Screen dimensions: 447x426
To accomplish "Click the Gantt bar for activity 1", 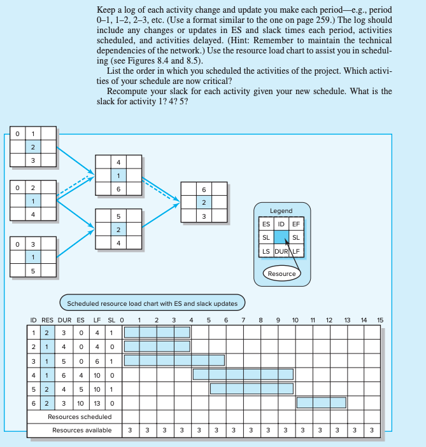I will point(157,331).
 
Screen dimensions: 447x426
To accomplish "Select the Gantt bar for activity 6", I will point(321,402).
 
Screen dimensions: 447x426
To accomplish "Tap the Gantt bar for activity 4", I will point(243,374).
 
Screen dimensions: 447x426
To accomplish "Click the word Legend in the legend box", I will point(281,210).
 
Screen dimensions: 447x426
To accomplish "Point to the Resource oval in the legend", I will point(281,273).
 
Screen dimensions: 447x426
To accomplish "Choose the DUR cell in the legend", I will point(281,251).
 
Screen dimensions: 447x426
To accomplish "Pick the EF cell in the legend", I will point(295,224).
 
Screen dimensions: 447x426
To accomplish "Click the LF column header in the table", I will point(97,319).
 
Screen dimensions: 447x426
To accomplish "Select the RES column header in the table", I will point(48,319).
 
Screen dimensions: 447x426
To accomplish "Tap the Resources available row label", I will point(82,430).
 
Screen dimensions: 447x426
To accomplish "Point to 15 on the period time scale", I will point(380,319).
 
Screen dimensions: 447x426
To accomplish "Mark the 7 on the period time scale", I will point(243,319).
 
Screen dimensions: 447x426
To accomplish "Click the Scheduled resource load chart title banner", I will point(152,303).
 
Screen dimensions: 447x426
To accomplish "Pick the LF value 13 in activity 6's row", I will point(97,402).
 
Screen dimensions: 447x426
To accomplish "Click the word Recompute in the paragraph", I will point(130,92).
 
